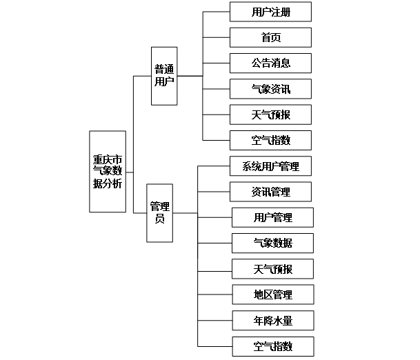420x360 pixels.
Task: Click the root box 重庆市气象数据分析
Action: coord(107,172)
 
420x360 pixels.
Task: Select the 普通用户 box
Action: coord(164,75)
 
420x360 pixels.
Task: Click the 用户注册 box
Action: coord(270,12)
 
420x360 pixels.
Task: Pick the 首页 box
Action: coord(270,37)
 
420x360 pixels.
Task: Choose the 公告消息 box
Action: coord(270,63)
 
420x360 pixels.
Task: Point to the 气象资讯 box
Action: coord(270,88)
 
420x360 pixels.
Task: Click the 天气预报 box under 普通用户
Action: coord(270,114)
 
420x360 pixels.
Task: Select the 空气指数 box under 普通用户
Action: coord(270,140)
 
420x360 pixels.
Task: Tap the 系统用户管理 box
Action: coord(270,166)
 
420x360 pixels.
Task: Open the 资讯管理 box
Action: coord(270,192)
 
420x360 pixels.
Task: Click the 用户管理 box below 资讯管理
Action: coord(272,218)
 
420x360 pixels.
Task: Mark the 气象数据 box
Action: coord(272,243)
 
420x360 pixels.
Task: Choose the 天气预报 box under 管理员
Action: coord(272,268)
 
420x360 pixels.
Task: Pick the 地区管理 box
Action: coord(272,294)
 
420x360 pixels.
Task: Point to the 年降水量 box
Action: coord(272,320)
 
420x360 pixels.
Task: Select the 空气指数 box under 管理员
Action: coord(272,346)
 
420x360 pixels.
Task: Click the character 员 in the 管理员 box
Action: coord(159,219)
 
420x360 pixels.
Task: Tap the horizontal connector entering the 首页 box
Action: coord(216,37)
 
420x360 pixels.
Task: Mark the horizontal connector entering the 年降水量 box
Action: coord(214,320)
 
